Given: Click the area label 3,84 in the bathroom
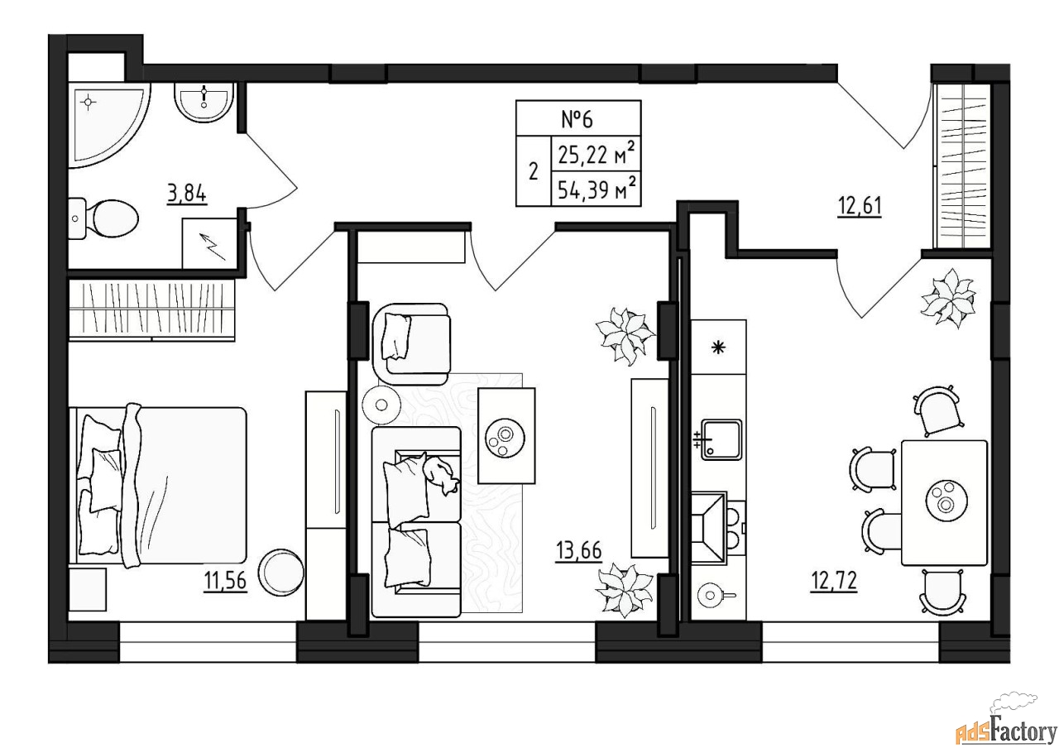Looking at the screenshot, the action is [x=187, y=194].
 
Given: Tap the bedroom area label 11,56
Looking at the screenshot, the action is [x=226, y=580].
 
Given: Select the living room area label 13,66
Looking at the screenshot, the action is [x=579, y=550].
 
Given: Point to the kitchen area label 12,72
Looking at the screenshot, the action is [x=834, y=581].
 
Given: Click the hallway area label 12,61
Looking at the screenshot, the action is [x=860, y=207].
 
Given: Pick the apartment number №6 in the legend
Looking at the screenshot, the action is [x=577, y=119].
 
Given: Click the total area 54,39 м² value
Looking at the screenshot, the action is [x=597, y=189].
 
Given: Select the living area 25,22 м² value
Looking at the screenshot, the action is [x=597, y=153].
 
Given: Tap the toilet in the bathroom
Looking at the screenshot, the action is [x=103, y=218].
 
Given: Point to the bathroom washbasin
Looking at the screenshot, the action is [x=204, y=101].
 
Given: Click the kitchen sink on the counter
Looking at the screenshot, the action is [x=720, y=439].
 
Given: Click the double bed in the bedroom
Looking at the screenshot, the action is [x=158, y=485].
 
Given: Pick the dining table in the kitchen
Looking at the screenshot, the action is [x=944, y=503].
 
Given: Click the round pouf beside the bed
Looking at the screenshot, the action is [x=280, y=572].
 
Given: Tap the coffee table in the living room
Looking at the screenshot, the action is [x=506, y=435].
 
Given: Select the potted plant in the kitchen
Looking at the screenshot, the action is [x=948, y=298].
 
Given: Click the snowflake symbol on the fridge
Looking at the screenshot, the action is [x=719, y=348].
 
